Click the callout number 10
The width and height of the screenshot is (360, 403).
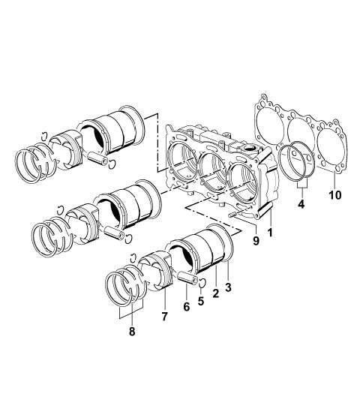pos(335,195)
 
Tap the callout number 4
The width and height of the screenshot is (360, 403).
pos(301,204)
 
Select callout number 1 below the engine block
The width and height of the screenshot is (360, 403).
pos(269,232)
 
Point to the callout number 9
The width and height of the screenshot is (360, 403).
pos(256,240)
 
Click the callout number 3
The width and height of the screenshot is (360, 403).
pos(228,287)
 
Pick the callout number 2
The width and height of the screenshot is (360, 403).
pos(215,293)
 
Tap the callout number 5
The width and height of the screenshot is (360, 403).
pos(201,301)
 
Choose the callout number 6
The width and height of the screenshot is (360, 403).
pos(187,307)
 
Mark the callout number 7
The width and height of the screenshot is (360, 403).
pos(164,316)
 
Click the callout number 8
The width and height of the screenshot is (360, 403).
pos(132,332)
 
